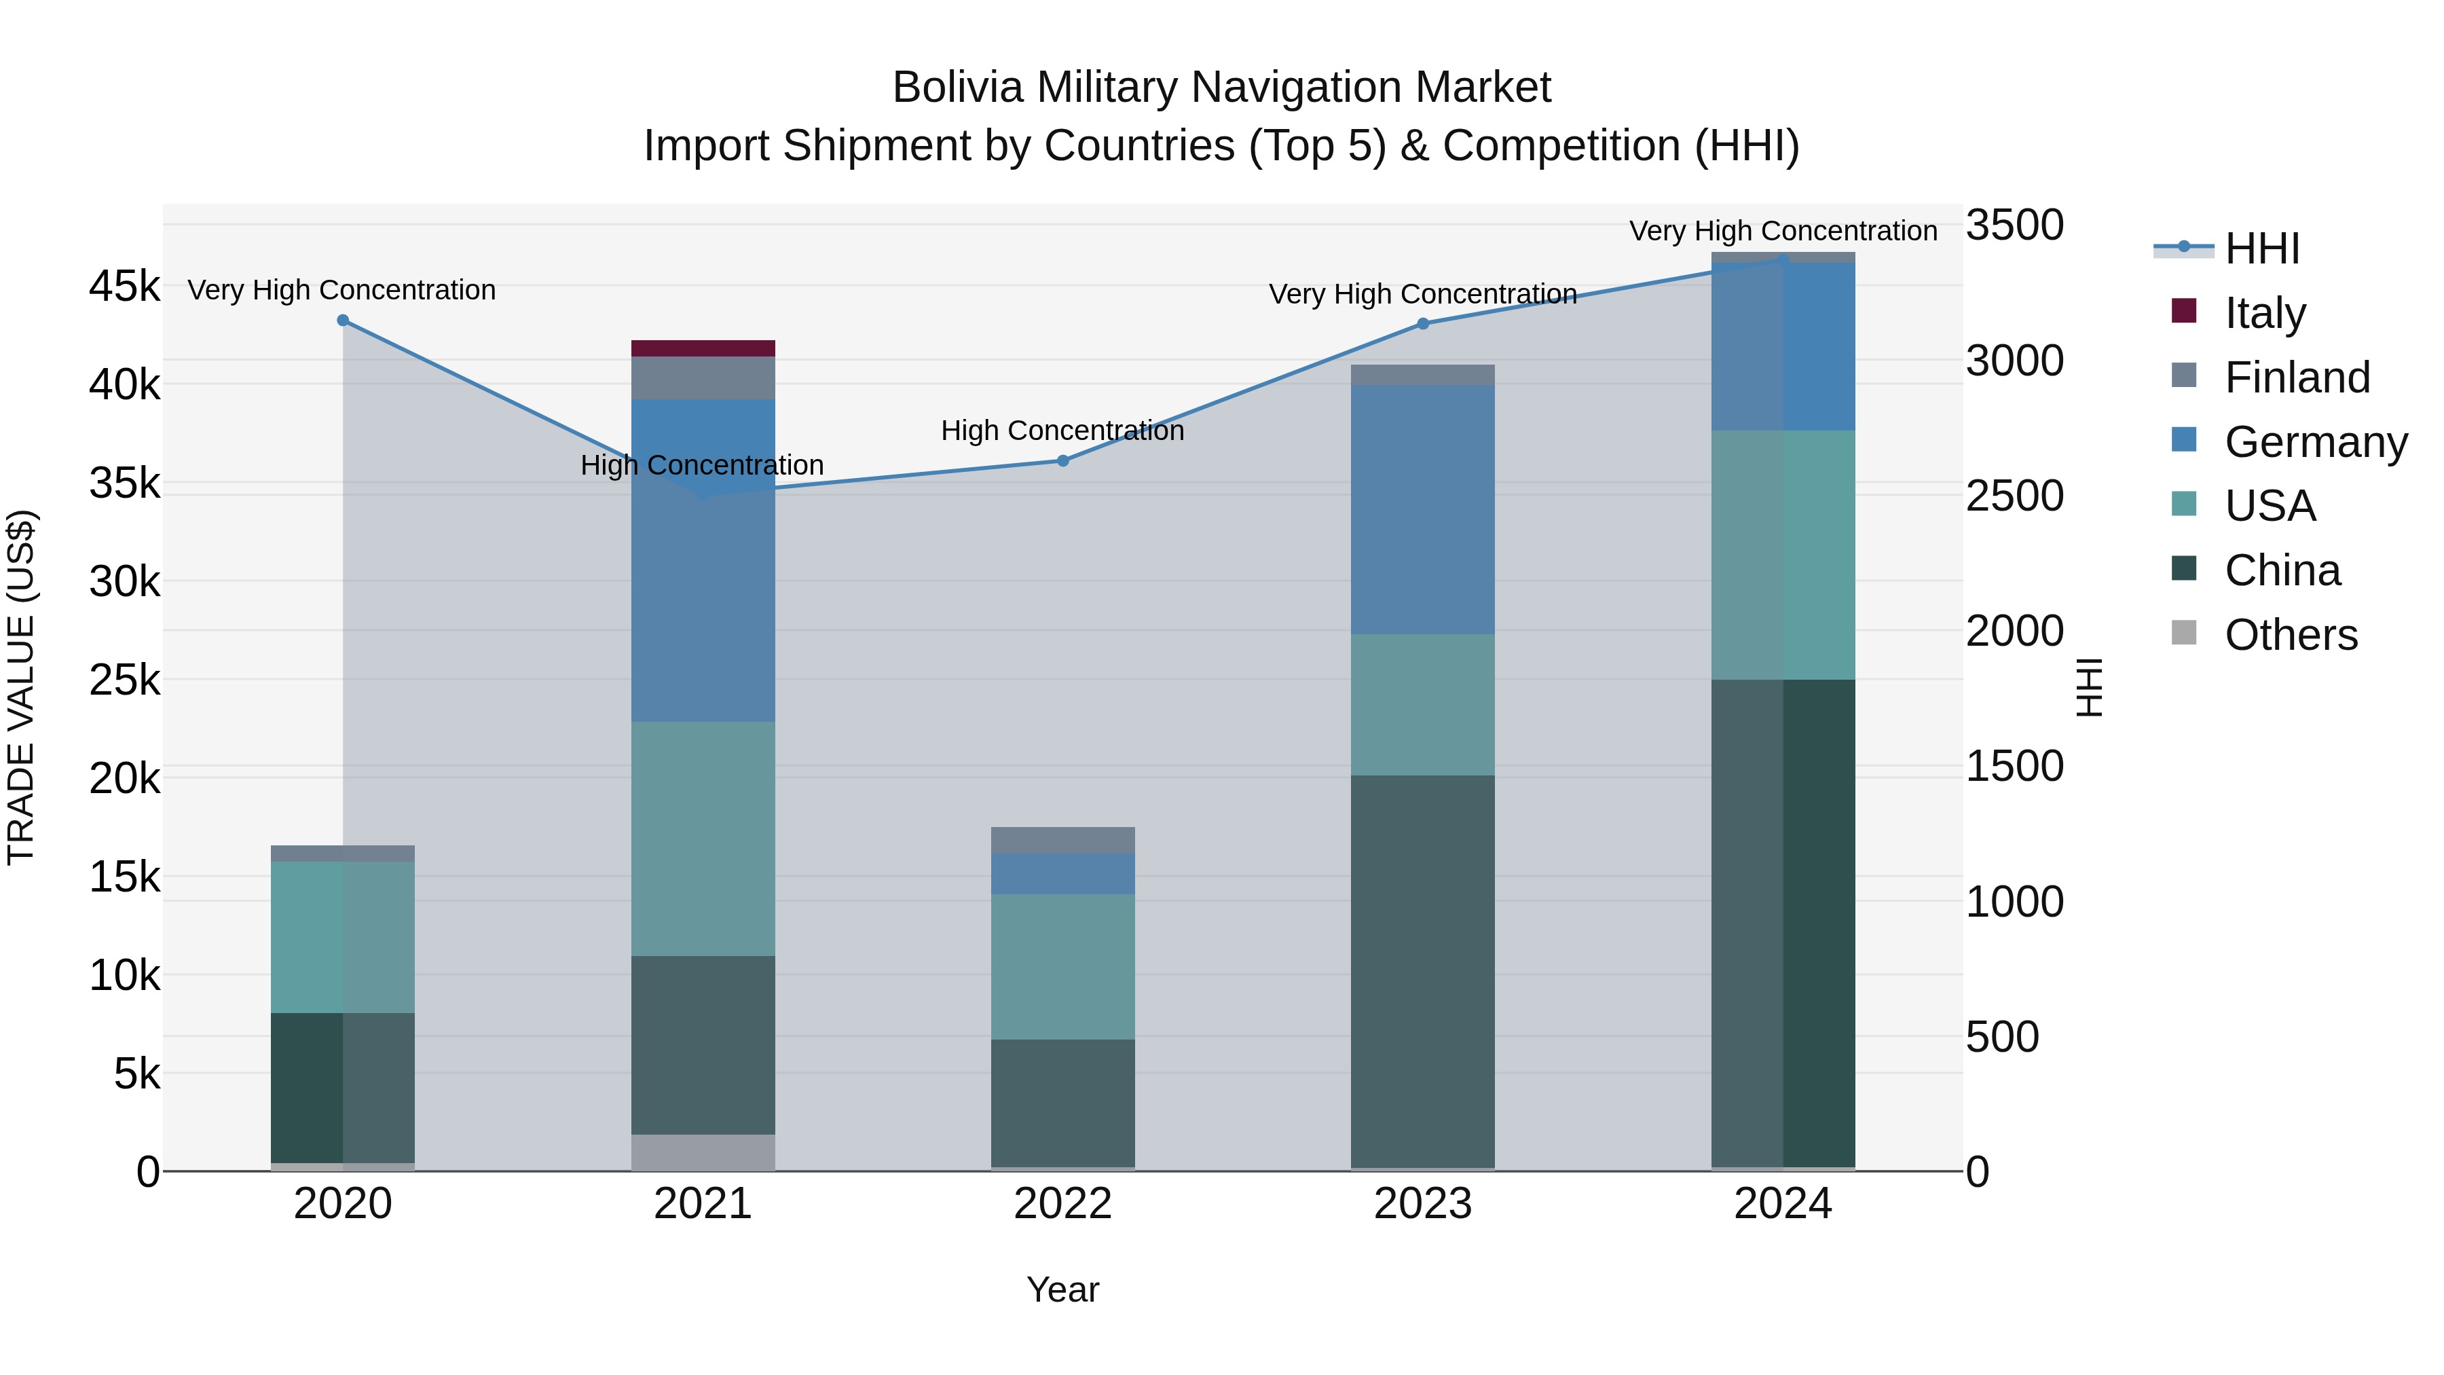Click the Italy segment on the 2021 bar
point(703,348)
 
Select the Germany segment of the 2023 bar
point(1422,509)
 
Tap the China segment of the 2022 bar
point(1062,1103)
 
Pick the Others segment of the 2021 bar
point(703,1152)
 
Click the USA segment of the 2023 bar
point(1422,705)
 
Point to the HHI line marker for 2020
point(344,320)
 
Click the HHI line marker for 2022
point(1062,461)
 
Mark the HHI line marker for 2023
point(1422,324)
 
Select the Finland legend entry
point(2296,378)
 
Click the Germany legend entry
point(2315,442)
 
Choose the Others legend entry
point(2291,635)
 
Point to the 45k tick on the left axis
point(124,287)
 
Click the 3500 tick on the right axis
point(2014,226)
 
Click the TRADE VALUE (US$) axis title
point(21,687)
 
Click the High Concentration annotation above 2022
point(1062,430)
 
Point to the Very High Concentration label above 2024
point(1783,232)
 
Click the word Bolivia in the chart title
point(957,88)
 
